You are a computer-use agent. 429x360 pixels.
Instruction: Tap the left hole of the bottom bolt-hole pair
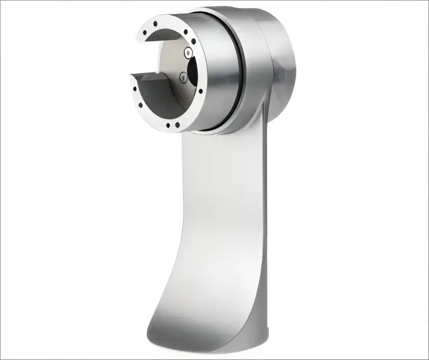[167, 125]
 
